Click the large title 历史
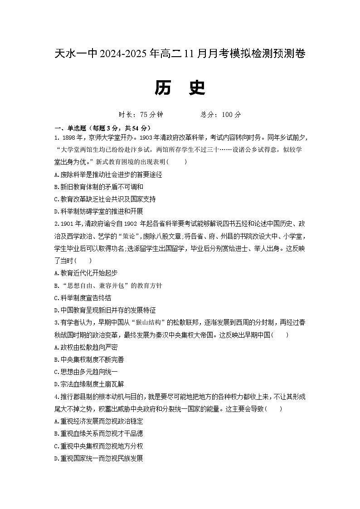pos(180,88)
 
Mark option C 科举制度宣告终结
pos(82,298)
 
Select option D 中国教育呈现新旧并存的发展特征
pos(104,310)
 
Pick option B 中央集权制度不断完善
pos(88,359)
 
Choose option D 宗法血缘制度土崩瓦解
pos(88,384)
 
